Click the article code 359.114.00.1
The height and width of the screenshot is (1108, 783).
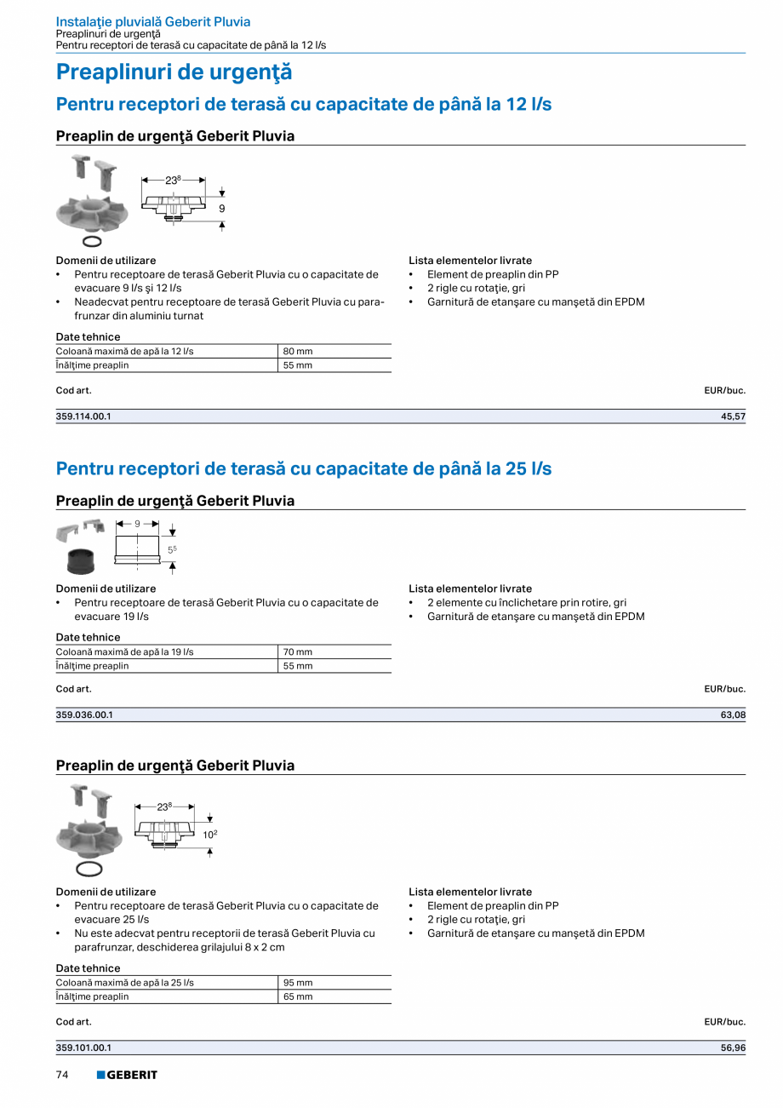tap(83, 416)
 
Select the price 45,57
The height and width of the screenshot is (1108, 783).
tap(733, 416)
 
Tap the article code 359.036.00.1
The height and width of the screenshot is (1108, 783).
tap(83, 715)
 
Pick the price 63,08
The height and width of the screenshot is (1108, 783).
tap(733, 715)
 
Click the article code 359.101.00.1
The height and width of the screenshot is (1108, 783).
tap(83, 1048)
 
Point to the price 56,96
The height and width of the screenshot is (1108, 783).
tap(733, 1048)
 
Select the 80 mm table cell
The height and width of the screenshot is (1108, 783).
tap(298, 351)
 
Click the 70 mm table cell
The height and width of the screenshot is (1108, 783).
tap(298, 652)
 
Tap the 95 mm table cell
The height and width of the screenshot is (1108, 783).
tap(298, 983)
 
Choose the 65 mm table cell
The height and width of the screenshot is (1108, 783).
tap(298, 996)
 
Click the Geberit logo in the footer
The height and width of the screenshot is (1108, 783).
tap(127, 1075)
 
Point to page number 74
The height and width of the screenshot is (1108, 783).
tap(62, 1075)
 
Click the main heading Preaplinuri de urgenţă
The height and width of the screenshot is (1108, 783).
tap(174, 72)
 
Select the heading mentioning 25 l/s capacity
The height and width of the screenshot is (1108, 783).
tap(303, 468)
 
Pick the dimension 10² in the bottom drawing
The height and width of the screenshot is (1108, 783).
tap(209, 835)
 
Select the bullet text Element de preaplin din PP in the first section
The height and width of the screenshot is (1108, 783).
tap(493, 274)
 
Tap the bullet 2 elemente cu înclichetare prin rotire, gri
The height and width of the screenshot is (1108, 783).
tap(527, 603)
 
